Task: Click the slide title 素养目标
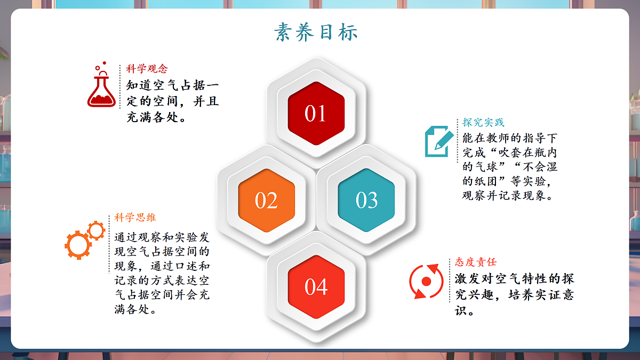(316, 32)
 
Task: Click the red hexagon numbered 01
(315, 113)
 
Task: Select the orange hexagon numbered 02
(266, 200)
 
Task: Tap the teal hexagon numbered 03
(366, 200)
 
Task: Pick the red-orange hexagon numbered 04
(316, 287)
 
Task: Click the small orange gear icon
(97, 230)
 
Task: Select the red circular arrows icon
(426, 281)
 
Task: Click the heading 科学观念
(147, 69)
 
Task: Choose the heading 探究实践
(483, 123)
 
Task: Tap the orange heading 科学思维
(135, 218)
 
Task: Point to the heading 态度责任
(476, 262)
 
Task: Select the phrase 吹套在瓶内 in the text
(525, 152)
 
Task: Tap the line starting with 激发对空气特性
(515, 279)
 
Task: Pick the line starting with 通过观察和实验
(162, 237)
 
